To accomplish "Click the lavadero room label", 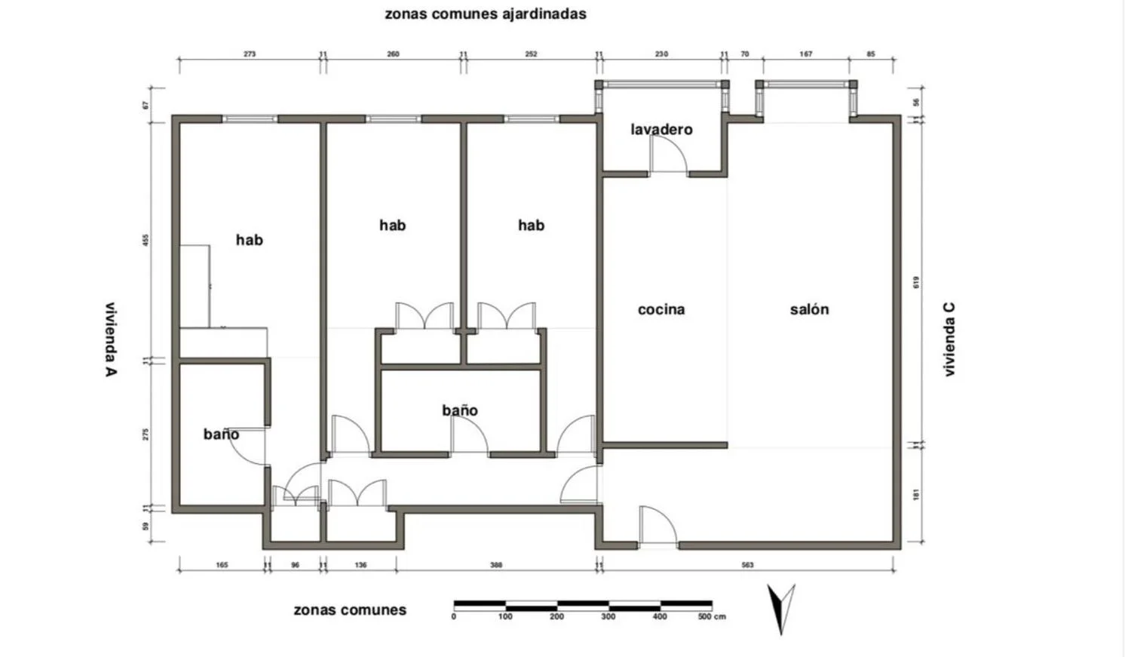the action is coord(661,130).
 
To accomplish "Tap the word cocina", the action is coord(661,309).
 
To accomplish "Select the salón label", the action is coord(809,309).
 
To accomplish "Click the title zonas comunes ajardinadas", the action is coord(486,14).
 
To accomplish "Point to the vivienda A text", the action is coord(111,339).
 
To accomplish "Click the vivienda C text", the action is coord(950,339).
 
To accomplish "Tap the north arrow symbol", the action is coord(781,609).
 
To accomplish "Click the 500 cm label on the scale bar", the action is coord(712,616).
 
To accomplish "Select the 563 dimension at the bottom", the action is coord(747,565).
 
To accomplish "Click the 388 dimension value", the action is coord(496,565).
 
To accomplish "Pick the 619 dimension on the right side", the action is coord(916,282).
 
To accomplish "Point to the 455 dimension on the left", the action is coord(146,241).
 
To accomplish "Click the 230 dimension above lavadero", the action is coord(661,54).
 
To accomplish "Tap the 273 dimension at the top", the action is coord(250,54).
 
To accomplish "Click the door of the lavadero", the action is coord(669,154).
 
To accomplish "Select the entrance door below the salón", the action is coord(658,526).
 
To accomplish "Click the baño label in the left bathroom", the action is coord(221,434).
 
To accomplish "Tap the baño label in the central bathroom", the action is coord(460,410).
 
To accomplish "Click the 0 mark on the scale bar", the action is coord(454,616).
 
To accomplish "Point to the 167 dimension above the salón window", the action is coord(806,54).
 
